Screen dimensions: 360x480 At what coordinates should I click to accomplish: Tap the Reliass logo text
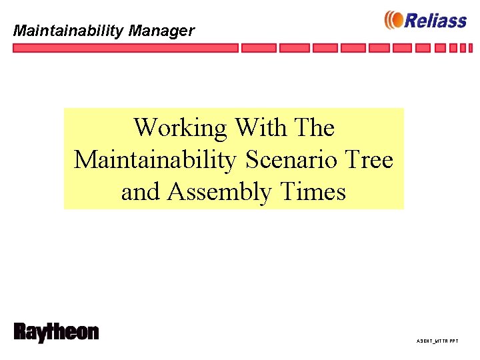click(x=435, y=21)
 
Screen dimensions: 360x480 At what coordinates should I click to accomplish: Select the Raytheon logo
click(x=56, y=333)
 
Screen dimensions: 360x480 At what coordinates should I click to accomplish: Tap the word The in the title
click(x=314, y=127)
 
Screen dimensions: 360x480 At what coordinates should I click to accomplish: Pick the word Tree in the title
click(x=372, y=160)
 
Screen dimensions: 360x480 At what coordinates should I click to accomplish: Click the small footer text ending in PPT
click(x=437, y=341)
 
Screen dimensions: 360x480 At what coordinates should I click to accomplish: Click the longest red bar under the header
click(x=125, y=48)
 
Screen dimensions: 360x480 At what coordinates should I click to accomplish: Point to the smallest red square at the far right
click(x=471, y=48)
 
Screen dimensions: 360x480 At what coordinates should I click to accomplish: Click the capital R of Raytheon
click(x=21, y=332)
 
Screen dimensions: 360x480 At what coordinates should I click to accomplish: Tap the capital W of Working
click(x=147, y=127)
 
